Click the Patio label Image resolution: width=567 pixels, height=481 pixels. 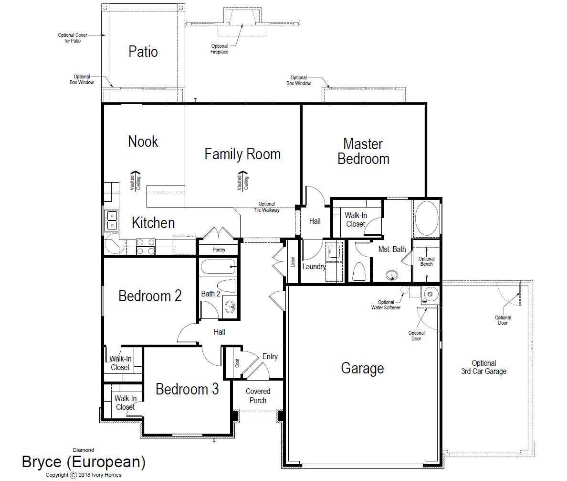click(x=143, y=52)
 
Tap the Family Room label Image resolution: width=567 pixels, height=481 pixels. click(x=242, y=154)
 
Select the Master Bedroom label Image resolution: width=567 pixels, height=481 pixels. click(x=363, y=152)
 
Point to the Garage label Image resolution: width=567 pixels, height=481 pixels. click(x=362, y=368)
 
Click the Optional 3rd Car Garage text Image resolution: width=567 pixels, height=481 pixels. click(x=484, y=367)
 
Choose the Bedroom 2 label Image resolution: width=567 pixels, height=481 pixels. click(x=150, y=296)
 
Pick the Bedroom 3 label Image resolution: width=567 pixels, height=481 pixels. click(x=187, y=389)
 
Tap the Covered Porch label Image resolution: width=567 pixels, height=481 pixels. click(x=258, y=396)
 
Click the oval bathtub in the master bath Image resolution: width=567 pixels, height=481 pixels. click(x=427, y=219)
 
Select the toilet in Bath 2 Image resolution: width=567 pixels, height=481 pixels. click(x=227, y=286)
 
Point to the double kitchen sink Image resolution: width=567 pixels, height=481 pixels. click(x=111, y=220)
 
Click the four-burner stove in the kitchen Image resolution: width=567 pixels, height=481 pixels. click(x=146, y=246)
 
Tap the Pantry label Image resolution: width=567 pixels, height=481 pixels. click(x=219, y=250)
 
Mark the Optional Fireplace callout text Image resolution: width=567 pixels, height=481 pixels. click(x=220, y=49)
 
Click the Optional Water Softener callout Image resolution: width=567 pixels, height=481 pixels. click(x=386, y=305)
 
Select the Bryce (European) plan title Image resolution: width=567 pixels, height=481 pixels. click(x=84, y=462)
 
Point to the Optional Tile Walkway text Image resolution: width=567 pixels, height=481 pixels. click(x=267, y=207)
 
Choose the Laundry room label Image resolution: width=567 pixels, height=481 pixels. click(x=314, y=267)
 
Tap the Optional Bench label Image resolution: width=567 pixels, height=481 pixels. click(x=427, y=262)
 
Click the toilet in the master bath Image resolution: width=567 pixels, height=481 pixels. click(x=359, y=271)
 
